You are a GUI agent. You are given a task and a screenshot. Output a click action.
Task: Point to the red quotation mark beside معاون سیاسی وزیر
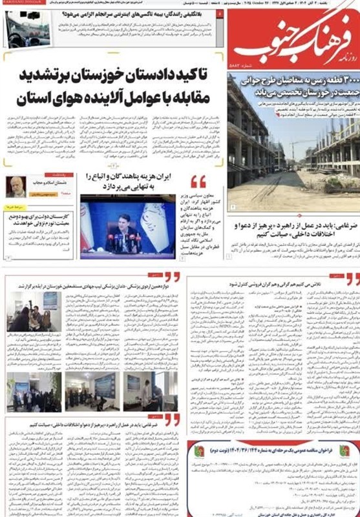pos(198,182)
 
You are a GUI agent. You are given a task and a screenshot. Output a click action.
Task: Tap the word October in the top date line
pos(260,5)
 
